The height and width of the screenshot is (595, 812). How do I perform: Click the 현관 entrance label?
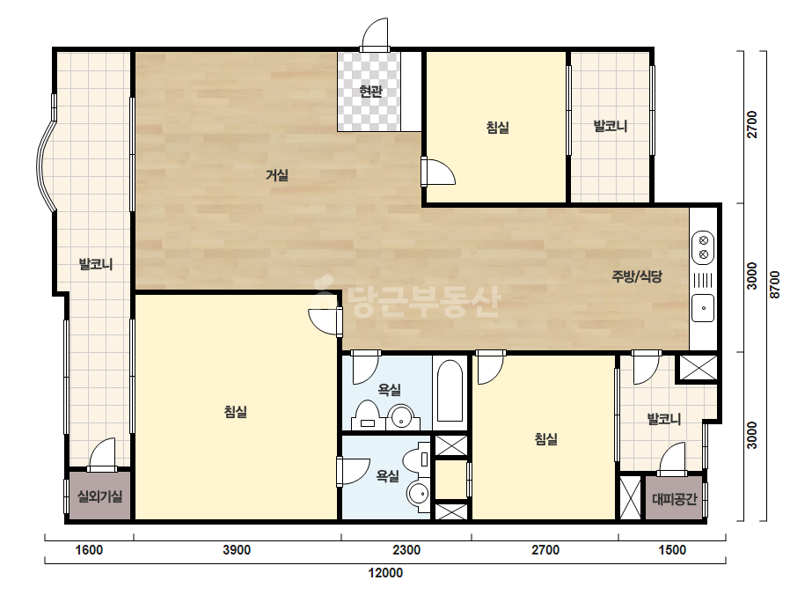tap(370, 92)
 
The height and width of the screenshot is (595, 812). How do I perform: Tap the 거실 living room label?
tap(277, 175)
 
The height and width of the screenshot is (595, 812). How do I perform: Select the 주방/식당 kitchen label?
tap(637, 276)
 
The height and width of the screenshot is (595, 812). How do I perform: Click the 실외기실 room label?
tap(100, 496)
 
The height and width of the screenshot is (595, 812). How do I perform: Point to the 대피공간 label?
tap(674, 499)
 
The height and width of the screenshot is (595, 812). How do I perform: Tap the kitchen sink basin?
tap(703, 308)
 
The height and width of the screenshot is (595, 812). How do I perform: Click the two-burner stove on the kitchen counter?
tap(703, 247)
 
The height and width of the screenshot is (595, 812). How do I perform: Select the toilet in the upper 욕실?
tap(367, 415)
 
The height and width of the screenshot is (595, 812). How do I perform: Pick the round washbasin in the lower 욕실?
tap(419, 493)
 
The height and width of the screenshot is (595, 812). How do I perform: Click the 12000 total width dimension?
tap(385, 573)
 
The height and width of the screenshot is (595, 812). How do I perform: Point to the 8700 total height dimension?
tap(775, 284)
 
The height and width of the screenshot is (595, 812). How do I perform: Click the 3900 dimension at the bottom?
tap(237, 550)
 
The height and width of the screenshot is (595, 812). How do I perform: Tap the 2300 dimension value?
tap(406, 550)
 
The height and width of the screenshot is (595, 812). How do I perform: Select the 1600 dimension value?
tap(89, 550)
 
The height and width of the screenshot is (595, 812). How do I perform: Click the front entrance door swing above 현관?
tap(375, 34)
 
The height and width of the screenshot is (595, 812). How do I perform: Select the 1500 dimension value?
tap(672, 550)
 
